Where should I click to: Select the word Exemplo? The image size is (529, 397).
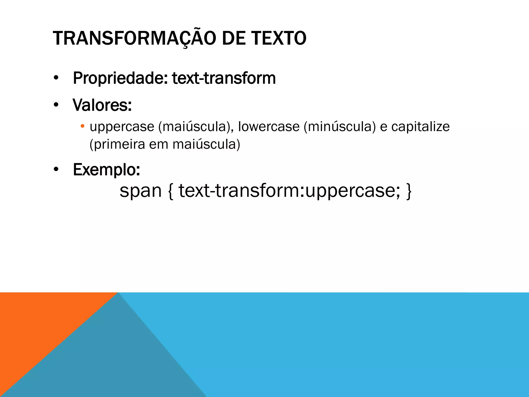point(106,170)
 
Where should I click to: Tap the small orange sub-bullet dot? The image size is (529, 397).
point(82,126)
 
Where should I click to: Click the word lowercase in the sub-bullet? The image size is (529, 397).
point(269,127)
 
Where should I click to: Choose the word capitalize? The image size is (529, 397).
point(421,127)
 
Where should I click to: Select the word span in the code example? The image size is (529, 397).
point(141,190)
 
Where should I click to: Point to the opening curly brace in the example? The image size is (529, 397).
point(170,191)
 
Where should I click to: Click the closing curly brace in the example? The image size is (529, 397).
point(409,191)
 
